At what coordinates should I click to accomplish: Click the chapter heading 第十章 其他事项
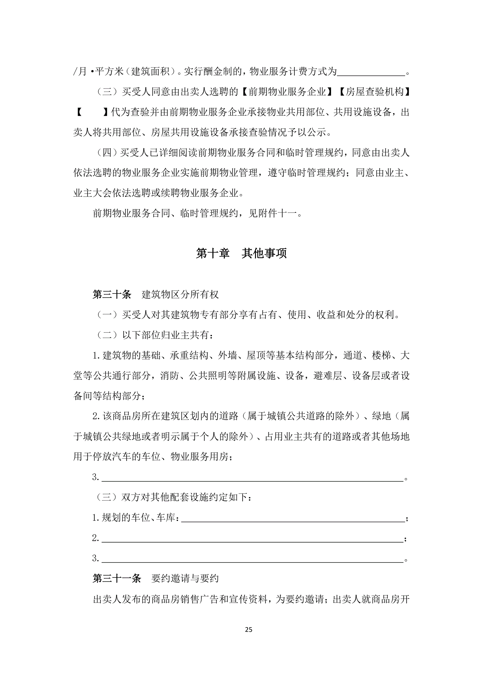point(241,253)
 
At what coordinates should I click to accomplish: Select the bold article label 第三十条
point(112,295)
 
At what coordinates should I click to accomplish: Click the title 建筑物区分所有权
point(180,295)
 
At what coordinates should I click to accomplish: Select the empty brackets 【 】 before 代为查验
point(92,112)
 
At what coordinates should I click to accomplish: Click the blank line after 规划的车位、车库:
point(293,518)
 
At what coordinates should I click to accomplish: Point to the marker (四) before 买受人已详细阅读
point(107,153)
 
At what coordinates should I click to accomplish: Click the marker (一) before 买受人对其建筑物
point(107,315)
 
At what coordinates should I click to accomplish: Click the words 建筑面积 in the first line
point(150,72)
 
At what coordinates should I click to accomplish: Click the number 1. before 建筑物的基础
point(96,355)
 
